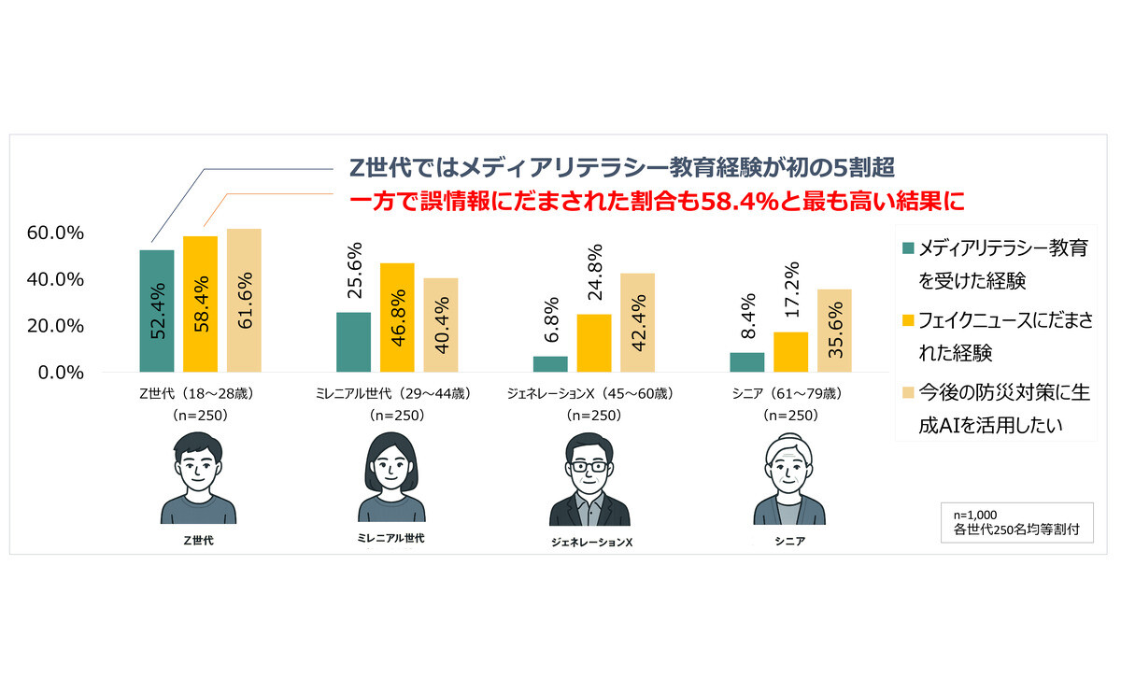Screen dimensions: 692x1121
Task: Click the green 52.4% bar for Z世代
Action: pos(156,311)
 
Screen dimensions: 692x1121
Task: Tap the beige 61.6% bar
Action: pos(244,300)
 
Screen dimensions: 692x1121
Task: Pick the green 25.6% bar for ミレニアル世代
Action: pos(353,342)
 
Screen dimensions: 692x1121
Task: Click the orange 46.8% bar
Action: pos(396,318)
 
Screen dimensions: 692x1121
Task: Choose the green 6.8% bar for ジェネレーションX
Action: pos(550,363)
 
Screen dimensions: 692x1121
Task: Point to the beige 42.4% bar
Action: pos(637,322)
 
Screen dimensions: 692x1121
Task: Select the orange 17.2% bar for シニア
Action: pos(790,352)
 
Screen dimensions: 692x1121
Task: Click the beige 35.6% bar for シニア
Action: pos(834,331)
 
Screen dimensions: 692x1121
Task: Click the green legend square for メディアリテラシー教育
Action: pos(907,249)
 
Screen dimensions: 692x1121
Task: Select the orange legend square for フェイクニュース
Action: pos(907,322)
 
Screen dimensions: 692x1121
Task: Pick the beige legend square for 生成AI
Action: pos(907,395)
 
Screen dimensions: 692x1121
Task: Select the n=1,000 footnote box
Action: pos(1015,521)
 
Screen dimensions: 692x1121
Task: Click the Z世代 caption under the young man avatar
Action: pos(198,540)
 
